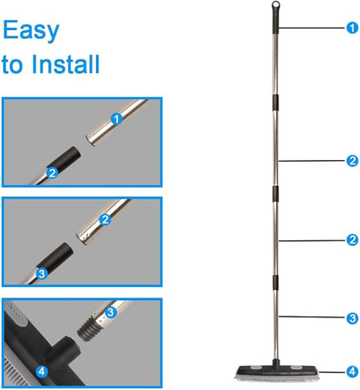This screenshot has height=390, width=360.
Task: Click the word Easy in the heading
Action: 31,31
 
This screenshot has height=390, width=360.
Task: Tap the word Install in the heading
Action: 66,64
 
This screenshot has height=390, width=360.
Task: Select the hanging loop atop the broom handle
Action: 276,5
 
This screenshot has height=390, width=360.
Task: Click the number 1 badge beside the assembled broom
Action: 352,28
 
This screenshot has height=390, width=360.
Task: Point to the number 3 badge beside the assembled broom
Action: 352,318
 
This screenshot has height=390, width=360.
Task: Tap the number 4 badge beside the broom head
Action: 352,372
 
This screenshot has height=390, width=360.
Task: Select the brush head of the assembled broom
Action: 276,372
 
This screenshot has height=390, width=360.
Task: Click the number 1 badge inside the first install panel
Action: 117,118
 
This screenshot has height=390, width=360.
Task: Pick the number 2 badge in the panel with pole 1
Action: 52,173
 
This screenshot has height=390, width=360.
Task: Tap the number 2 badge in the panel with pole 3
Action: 105,220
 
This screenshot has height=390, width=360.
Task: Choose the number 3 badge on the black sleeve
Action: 42,273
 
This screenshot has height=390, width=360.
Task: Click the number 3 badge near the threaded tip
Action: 111,312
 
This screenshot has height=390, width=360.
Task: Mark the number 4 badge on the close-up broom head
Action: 42,371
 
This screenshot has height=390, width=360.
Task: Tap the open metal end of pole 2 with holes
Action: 83,238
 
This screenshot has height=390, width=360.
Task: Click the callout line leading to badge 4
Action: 332,372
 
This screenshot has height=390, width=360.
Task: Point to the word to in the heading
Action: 12,66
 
